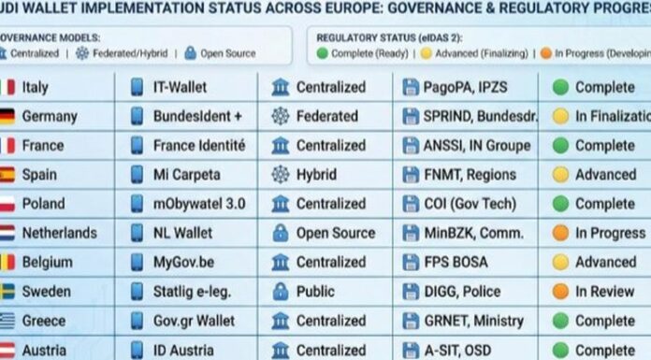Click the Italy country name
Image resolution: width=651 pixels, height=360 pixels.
coord(36,87)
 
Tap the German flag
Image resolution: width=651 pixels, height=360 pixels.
coord(7,117)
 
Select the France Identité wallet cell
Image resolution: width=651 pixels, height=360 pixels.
coord(198,146)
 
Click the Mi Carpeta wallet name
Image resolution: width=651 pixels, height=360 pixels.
coord(186,175)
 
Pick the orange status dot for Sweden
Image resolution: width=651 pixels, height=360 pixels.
coord(560,292)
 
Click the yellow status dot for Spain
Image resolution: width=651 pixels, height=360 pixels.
coord(560,175)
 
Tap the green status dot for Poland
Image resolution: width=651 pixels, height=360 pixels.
coord(560,204)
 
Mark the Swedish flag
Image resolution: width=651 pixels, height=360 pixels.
coord(7,292)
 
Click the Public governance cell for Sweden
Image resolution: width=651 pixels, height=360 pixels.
coord(315,292)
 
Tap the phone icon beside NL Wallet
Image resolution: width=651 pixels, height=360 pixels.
coord(137,233)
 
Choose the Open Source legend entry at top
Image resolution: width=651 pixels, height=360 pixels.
coord(224,53)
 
